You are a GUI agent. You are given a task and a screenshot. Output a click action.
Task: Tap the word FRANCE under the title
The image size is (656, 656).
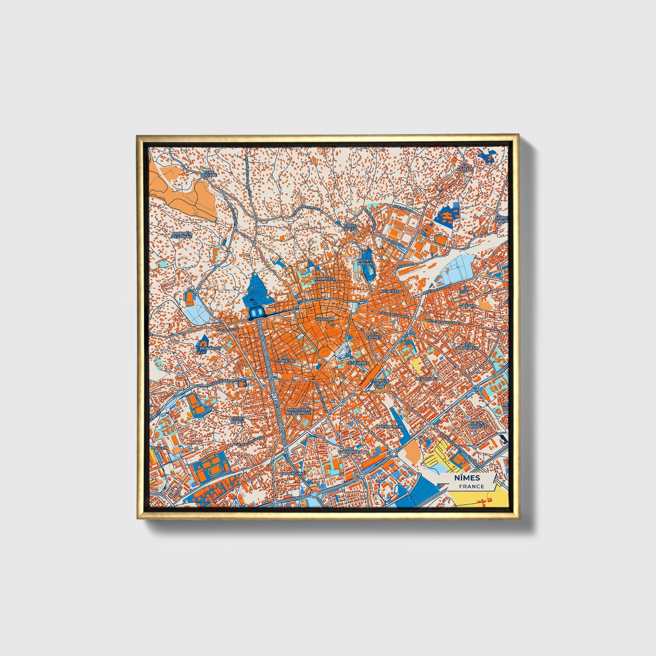tap(471, 486)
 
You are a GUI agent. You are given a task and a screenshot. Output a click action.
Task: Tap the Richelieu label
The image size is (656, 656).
tap(389, 291)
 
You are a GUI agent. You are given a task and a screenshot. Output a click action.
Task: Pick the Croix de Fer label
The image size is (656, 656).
tap(350, 227)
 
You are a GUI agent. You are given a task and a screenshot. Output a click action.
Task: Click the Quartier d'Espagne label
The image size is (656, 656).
tap(182, 235)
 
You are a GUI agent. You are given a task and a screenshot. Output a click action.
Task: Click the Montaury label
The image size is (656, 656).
tap(209, 348)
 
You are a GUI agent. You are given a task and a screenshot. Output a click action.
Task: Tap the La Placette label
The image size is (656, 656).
tap(287, 359)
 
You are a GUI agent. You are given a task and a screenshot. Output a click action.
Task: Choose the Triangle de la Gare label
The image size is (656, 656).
tap(380, 383)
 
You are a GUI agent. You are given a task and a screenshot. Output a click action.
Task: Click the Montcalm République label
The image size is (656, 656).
tap(299, 411)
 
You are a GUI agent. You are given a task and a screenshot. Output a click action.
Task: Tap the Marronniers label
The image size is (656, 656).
tap(390, 427)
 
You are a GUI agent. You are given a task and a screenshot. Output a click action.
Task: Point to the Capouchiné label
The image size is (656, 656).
tap(292, 473)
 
